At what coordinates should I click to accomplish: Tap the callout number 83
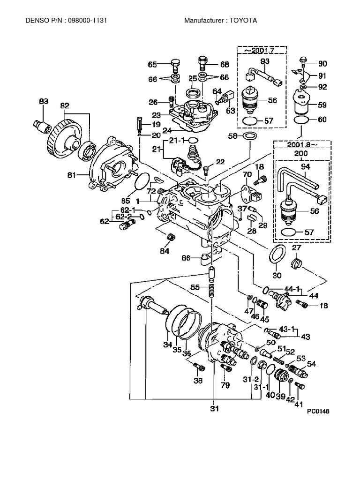click(43, 102)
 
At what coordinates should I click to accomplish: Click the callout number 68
click(225, 64)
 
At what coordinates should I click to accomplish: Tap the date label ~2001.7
click(262, 50)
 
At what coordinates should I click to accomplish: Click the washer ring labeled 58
click(250, 136)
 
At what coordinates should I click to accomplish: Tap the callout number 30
click(278, 276)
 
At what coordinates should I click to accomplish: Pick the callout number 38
click(198, 381)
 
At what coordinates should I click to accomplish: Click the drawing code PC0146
click(319, 411)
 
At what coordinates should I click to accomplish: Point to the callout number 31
click(215, 409)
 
